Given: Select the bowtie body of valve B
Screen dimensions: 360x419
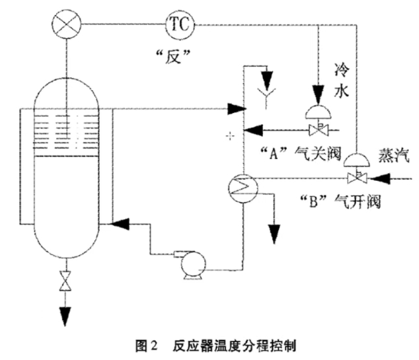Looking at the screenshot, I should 358,177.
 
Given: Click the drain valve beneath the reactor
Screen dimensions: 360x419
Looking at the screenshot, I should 65,281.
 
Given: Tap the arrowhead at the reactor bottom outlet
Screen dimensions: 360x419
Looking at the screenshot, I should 65,316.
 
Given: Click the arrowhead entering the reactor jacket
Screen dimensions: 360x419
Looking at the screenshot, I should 120,225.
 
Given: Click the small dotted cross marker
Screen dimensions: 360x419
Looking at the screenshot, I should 230,135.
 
